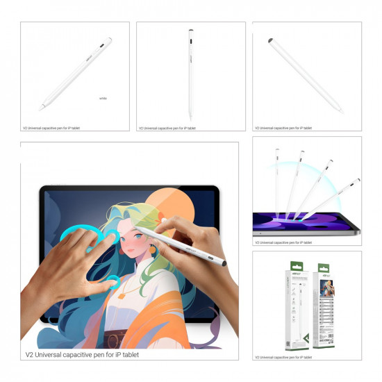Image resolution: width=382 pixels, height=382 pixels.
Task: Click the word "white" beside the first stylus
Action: [x=103, y=99]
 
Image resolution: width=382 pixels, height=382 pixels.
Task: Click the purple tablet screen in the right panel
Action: [x=306, y=222]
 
